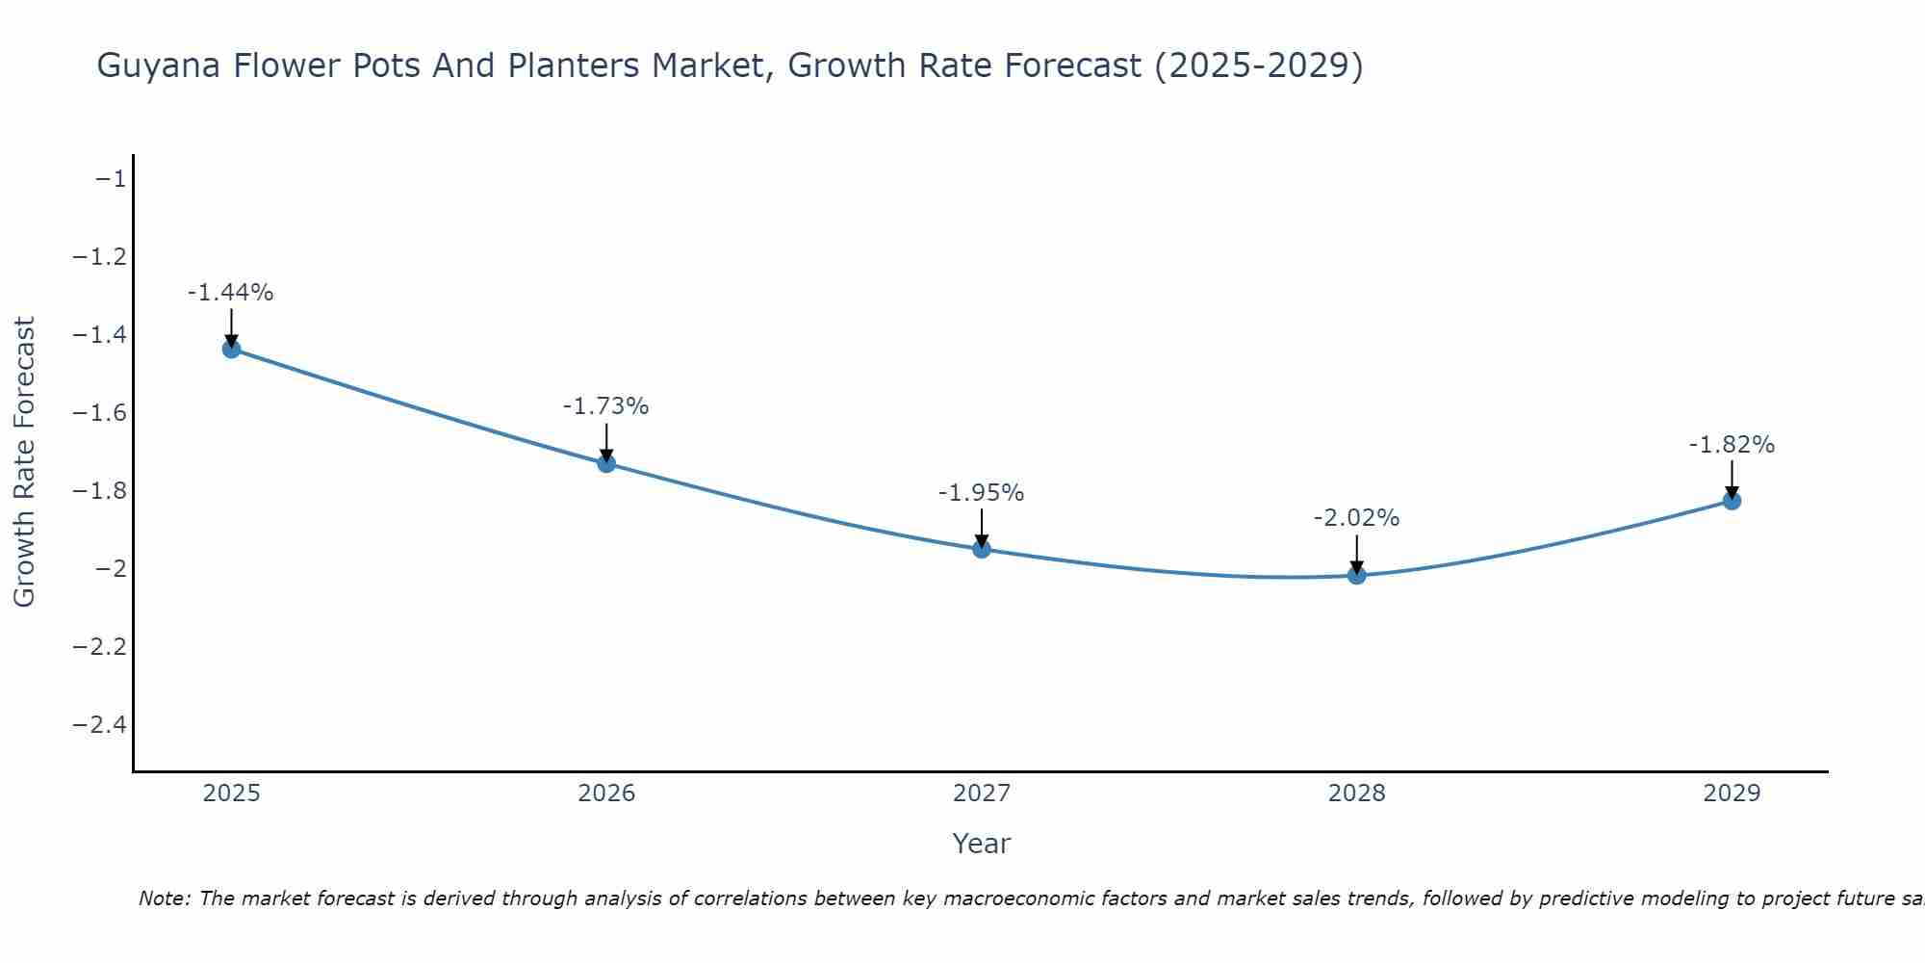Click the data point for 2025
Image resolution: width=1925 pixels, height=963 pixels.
tap(231, 349)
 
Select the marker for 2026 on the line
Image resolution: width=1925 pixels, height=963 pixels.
tap(606, 463)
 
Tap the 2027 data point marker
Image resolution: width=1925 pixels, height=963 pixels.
tap(982, 549)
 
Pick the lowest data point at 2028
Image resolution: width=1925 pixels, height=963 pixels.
tap(1357, 575)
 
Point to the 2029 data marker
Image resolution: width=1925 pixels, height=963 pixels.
tap(1732, 500)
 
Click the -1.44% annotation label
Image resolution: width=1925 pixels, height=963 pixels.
tap(230, 293)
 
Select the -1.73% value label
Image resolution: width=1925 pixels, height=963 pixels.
tap(605, 406)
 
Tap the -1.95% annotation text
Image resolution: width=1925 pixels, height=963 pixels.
tap(981, 493)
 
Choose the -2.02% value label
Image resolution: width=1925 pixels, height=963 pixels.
tap(1356, 518)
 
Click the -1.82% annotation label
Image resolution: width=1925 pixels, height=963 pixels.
tap(1732, 445)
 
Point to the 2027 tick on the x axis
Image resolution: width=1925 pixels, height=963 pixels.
tap(982, 794)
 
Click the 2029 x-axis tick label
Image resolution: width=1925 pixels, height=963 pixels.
tap(1732, 794)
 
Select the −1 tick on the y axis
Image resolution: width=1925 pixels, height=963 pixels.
tap(109, 179)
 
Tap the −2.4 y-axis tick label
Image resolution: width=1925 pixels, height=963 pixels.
tap(99, 724)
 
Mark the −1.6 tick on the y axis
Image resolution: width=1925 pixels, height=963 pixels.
tap(99, 413)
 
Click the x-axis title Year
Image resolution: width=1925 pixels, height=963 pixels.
tap(981, 844)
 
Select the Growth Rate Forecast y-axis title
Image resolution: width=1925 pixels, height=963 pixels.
tap(24, 462)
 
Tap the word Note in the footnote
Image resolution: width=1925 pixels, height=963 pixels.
tap(164, 898)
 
